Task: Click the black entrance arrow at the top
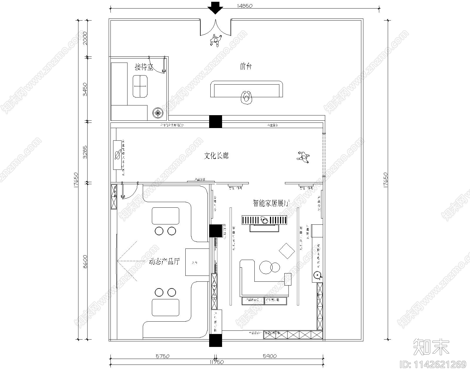click(x=216, y=8)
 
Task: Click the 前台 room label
click(x=246, y=67)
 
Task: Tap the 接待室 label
click(x=144, y=67)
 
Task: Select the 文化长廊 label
click(x=216, y=156)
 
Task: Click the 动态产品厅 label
click(x=164, y=261)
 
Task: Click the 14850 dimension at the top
click(x=245, y=6)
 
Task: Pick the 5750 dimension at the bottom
click(x=162, y=356)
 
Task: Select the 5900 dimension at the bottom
click(x=269, y=356)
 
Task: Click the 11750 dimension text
click(x=216, y=362)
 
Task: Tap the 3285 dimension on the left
click(x=85, y=152)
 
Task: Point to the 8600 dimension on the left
click(x=85, y=261)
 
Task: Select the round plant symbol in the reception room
click(x=158, y=113)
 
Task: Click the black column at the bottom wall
click(x=216, y=340)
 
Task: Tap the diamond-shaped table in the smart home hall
click(x=287, y=251)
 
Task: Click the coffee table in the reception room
click(x=140, y=86)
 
